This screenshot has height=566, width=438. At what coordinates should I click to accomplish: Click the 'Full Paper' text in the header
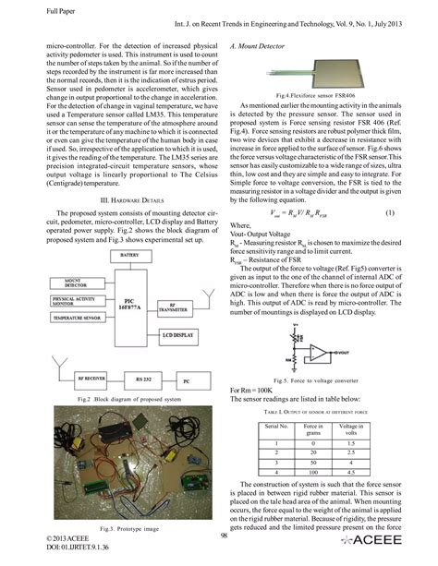click(x=34, y=11)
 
